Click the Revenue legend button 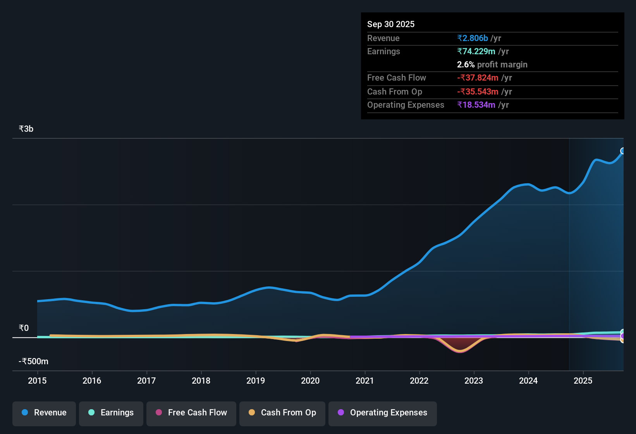(44, 413)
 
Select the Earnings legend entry (111, 413)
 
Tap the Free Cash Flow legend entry (191, 413)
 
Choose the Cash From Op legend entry (282, 413)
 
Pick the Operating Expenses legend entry (383, 413)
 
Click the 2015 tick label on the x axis (37, 381)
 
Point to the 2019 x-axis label (256, 381)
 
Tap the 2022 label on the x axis (419, 381)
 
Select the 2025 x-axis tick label (583, 381)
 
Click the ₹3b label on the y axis (26, 129)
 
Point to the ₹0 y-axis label (24, 328)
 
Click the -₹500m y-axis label (33, 362)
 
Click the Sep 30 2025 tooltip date (390, 24)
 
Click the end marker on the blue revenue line (622, 151)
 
